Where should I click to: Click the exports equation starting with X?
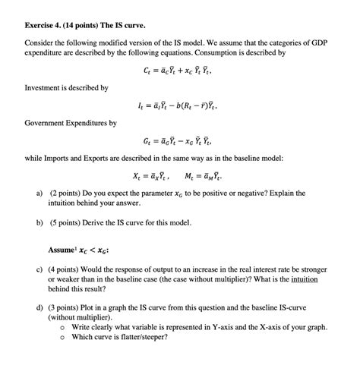click(150, 176)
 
